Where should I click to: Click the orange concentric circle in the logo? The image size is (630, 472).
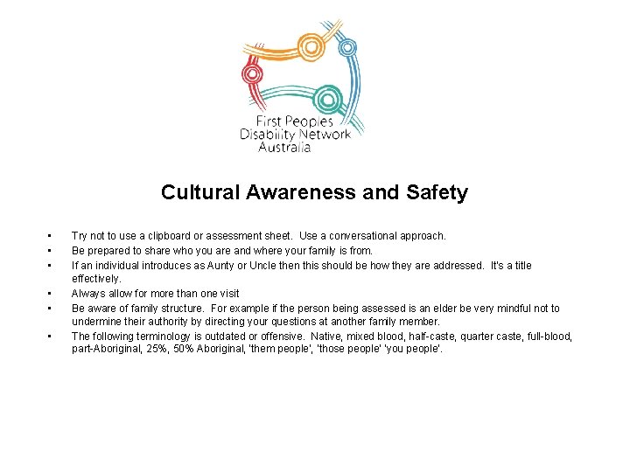point(311,45)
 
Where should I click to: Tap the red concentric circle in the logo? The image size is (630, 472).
point(253,73)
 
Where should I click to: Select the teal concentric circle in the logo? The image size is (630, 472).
point(329,97)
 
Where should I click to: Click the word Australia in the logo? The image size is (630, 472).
point(284,148)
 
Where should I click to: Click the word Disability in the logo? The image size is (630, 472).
point(267,135)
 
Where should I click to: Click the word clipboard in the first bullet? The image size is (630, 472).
point(166,236)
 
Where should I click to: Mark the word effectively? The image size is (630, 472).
point(96,279)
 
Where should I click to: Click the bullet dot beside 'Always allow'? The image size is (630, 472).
point(51,294)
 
